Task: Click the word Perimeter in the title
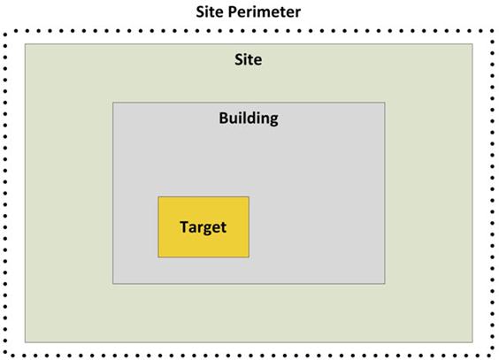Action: (x=265, y=12)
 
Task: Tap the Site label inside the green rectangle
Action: (x=249, y=59)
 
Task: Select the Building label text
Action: (x=249, y=119)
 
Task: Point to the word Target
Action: (x=203, y=227)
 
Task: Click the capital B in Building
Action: (x=224, y=118)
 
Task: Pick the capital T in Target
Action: (x=185, y=226)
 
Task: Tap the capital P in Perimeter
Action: (x=234, y=12)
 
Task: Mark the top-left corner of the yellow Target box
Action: (x=158, y=197)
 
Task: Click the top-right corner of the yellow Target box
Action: (x=249, y=197)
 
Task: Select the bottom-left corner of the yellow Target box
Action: (x=158, y=257)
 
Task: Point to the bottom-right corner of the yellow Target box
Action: (x=249, y=257)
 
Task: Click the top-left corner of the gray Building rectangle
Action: (x=113, y=103)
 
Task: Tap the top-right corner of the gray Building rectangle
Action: (x=385, y=103)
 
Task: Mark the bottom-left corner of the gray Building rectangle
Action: (x=113, y=283)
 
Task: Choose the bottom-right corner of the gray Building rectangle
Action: (x=385, y=283)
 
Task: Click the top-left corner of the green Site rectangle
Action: (x=25, y=44)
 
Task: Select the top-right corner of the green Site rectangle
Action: (x=472, y=44)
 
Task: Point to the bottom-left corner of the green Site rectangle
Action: (x=25, y=342)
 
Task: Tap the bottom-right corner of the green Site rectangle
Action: (x=472, y=342)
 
